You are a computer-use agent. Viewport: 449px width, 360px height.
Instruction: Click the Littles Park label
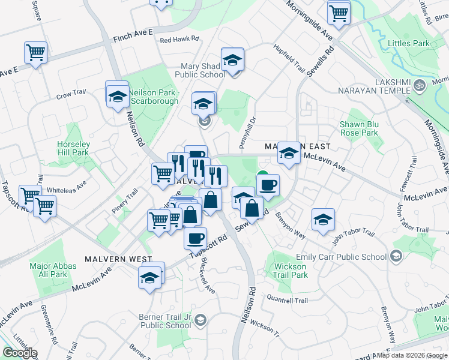point(409,43)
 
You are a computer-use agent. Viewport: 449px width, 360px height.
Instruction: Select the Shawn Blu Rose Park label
point(359,128)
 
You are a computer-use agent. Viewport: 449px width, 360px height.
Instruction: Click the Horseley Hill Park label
point(73,148)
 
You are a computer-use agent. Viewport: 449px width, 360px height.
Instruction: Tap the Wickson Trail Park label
point(291,271)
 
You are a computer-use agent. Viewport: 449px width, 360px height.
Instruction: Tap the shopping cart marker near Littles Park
point(339,12)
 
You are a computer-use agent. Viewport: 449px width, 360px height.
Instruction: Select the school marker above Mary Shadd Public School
point(232,59)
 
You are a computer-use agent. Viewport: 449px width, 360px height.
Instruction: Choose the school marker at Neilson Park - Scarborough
point(117,95)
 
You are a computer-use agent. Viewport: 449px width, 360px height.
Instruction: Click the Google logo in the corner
point(19,353)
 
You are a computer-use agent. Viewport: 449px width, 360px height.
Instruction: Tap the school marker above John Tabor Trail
point(323,219)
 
